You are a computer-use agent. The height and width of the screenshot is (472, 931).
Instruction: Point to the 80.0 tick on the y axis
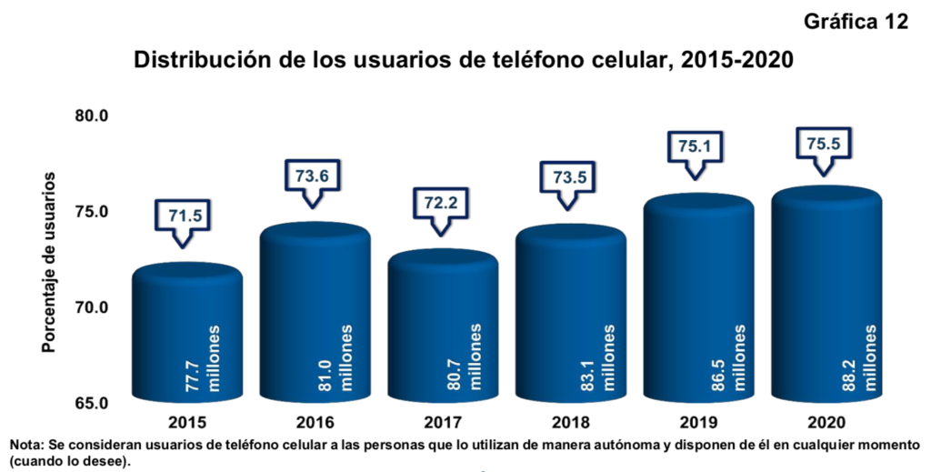(92, 116)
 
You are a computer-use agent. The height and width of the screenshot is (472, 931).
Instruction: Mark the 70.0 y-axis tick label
(92, 307)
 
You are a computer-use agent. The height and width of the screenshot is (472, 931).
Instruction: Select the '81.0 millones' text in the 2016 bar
(331, 360)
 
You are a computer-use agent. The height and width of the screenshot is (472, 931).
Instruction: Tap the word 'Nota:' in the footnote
(28, 446)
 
